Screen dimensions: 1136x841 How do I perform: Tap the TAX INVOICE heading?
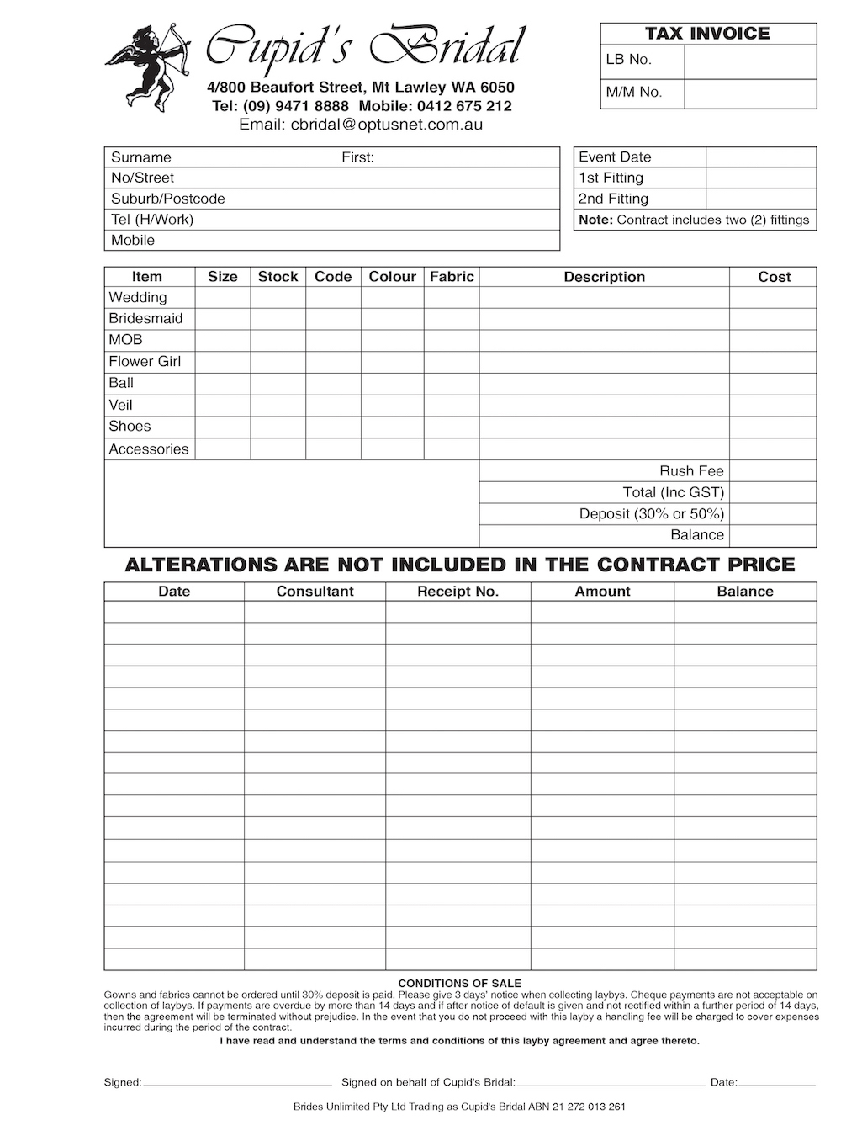point(707,34)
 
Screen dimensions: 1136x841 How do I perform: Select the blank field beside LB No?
point(750,61)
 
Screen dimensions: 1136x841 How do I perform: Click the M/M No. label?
point(634,93)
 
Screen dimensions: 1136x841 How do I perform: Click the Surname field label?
point(141,157)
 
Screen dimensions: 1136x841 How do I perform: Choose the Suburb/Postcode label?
point(168,199)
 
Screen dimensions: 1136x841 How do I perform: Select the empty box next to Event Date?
point(760,157)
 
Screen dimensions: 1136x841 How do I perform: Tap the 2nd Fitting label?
point(613,199)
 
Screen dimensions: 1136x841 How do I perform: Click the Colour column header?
point(392,277)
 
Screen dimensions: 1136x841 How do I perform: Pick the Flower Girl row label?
point(145,362)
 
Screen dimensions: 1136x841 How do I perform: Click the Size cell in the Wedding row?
point(222,298)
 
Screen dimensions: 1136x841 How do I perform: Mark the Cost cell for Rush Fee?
point(772,471)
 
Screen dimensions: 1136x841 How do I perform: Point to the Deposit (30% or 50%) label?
point(651,514)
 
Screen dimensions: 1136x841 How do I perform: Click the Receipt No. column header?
point(458,592)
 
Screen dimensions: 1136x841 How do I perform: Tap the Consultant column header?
point(315,592)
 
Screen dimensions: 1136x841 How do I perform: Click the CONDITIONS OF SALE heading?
point(459,983)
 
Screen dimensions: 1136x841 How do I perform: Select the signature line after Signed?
point(237,1082)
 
